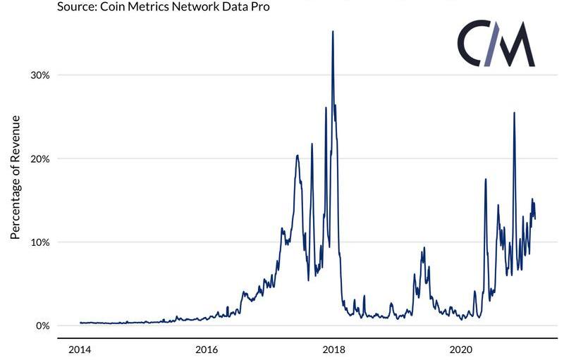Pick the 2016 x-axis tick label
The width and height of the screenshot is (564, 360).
tap(206, 350)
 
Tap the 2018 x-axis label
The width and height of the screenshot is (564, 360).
tap(333, 350)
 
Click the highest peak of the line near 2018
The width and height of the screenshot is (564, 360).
tap(333, 32)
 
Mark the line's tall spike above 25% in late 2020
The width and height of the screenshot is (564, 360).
tap(514, 113)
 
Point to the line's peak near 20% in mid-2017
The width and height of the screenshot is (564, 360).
tap(298, 156)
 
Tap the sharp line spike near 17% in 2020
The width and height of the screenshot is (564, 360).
tap(486, 180)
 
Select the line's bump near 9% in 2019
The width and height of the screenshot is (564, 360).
tap(424, 248)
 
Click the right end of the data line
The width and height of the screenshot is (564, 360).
tap(535, 218)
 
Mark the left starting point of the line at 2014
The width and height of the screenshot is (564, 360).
tap(80, 323)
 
